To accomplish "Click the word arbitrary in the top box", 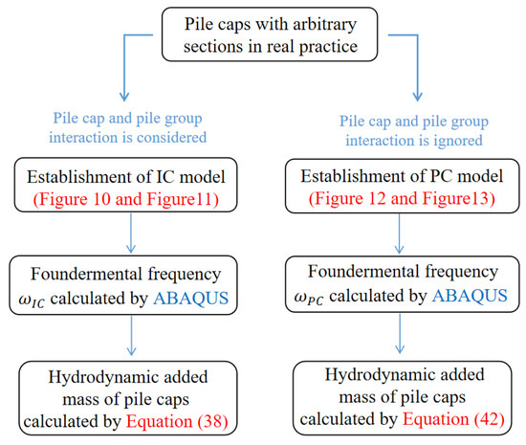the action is pos(324,25).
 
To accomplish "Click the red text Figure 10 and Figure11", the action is pos(126,199).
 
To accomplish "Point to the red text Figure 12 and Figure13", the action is pos(402,198).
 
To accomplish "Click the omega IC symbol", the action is pos(32,300).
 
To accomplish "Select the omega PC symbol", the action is pos(309,298).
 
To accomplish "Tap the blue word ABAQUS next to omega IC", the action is pos(191,298).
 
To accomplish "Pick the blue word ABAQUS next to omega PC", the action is pos(470,296).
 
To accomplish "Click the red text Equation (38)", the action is pos(177,421).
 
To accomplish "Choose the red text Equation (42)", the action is pos(453,419).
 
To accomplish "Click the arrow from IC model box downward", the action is pos(131,233).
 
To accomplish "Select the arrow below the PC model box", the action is pos(399,234).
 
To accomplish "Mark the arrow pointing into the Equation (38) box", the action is pos(132,336).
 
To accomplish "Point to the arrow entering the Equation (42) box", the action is pos(400,334).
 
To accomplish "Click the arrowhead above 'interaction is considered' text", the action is pos(124,97).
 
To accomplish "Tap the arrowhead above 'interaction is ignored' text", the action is pos(417,97).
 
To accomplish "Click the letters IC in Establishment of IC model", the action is pos(164,177).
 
